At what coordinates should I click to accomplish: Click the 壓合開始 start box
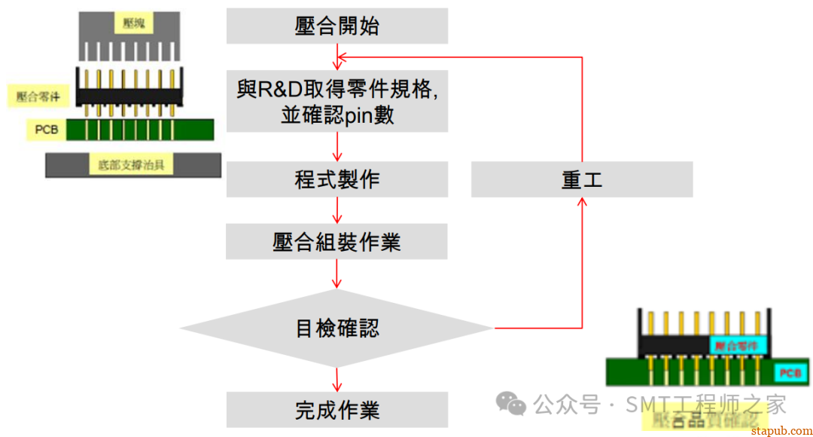click(x=336, y=26)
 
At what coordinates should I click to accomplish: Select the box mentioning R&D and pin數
click(x=336, y=102)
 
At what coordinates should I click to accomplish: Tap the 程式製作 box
click(x=336, y=179)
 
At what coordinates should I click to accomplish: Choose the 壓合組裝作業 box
click(x=336, y=241)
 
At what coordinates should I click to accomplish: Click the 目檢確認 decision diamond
click(x=336, y=328)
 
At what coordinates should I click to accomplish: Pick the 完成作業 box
click(x=336, y=410)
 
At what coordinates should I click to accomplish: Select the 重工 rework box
click(x=582, y=180)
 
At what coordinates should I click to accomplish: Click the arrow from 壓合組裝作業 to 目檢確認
click(x=336, y=275)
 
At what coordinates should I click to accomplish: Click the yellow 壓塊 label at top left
click(x=133, y=23)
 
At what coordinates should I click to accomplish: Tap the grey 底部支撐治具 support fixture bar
click(x=132, y=165)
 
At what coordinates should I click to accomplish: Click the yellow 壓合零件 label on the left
click(x=44, y=96)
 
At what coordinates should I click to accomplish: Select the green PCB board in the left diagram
click(x=139, y=130)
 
